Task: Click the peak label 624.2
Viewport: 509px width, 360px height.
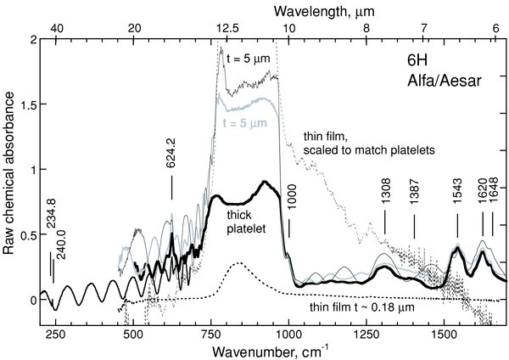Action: (171, 177)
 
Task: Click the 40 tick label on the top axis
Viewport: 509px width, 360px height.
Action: (55, 27)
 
